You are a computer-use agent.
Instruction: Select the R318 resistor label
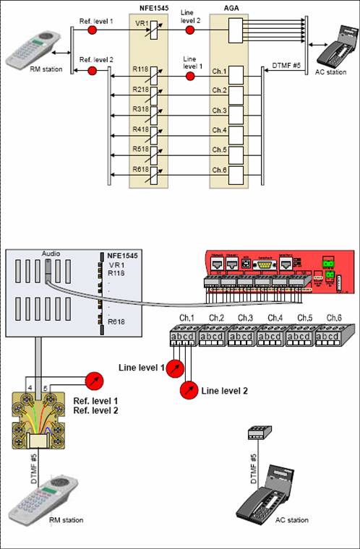pos(141,111)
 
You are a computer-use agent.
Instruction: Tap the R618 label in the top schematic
pos(141,170)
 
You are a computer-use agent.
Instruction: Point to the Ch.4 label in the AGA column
pos(219,130)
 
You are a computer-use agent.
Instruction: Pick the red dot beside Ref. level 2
pos(92,70)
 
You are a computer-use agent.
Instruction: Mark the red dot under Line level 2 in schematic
pos(189,33)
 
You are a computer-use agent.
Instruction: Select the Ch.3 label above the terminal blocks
pos(245,318)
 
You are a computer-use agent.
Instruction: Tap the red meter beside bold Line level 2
pos(190,390)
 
